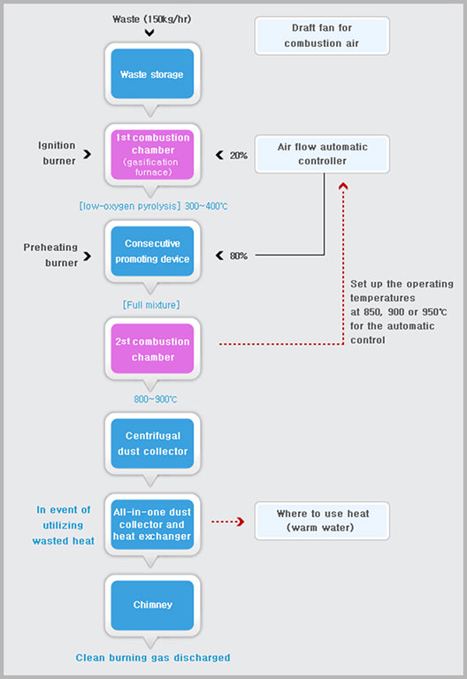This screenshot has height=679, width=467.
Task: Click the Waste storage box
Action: (152, 73)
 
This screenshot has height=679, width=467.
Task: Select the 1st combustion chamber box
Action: (152, 155)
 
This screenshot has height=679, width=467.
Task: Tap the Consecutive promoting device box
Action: (152, 251)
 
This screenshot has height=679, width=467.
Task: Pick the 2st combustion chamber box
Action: (152, 348)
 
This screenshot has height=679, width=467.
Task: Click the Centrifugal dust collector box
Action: (152, 444)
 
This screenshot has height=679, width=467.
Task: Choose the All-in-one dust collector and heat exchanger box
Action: (152, 524)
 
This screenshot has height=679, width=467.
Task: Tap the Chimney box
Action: (152, 606)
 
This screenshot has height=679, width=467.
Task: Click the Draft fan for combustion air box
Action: (322, 35)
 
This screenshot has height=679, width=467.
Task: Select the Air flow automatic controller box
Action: (322, 154)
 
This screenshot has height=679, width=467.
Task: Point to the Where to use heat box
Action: (322, 521)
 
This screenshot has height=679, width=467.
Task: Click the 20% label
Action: (238, 156)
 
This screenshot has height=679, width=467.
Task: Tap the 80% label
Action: (238, 256)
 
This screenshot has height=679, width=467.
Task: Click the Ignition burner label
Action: (57, 153)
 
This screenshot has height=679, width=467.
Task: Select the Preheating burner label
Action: (50, 255)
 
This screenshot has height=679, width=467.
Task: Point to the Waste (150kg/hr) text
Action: (151, 19)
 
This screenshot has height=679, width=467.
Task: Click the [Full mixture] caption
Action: (151, 305)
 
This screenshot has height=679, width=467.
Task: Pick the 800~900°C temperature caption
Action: (155, 400)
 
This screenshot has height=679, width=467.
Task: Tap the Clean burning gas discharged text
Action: (153, 658)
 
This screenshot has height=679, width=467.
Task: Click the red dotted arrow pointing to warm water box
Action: (228, 522)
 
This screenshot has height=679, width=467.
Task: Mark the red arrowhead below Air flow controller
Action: (343, 187)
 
